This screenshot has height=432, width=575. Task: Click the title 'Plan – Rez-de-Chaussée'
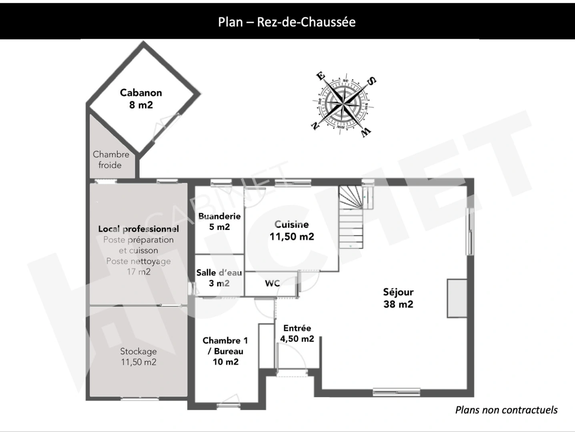pos(287,22)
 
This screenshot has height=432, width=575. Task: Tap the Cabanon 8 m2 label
pos(141,99)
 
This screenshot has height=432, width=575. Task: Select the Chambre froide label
pos(111,160)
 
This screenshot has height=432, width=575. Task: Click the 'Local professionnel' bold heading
pos(138,229)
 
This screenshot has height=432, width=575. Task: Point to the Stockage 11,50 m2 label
pos(138,356)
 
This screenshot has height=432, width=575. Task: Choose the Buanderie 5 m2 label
pos(219,222)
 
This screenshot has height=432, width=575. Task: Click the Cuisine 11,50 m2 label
pos(292,230)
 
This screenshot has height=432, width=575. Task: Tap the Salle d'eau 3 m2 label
pos(219,278)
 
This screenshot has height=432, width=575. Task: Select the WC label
pos(272,283)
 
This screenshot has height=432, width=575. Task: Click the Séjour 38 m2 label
pos(398,298)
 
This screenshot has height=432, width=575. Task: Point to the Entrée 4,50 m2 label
pos(297,333)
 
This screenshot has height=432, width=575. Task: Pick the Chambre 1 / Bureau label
pos(225,351)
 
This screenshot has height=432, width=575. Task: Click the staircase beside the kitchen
pos(351,217)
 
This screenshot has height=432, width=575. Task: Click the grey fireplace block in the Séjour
pos(457,298)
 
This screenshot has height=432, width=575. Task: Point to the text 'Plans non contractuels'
pos(506,410)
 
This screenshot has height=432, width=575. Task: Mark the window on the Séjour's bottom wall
pos(397,392)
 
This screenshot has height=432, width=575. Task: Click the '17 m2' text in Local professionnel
pos(138,272)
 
